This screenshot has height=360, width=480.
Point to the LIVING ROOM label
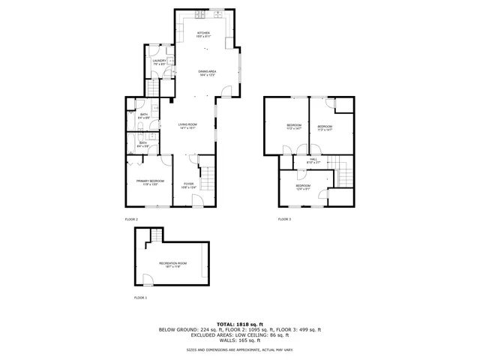187,126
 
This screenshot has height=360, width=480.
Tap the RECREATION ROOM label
172,264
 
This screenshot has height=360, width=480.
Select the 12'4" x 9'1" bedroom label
302,187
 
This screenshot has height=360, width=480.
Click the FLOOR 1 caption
141,298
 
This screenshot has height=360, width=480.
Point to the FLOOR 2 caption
131,219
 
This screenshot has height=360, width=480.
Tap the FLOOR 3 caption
284,219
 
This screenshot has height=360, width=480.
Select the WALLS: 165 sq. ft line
240,340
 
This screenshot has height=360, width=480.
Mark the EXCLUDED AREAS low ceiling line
240,335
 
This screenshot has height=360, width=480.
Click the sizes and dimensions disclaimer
240,349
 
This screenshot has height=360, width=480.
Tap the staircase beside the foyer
209,179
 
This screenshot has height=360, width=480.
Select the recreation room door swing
148,280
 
